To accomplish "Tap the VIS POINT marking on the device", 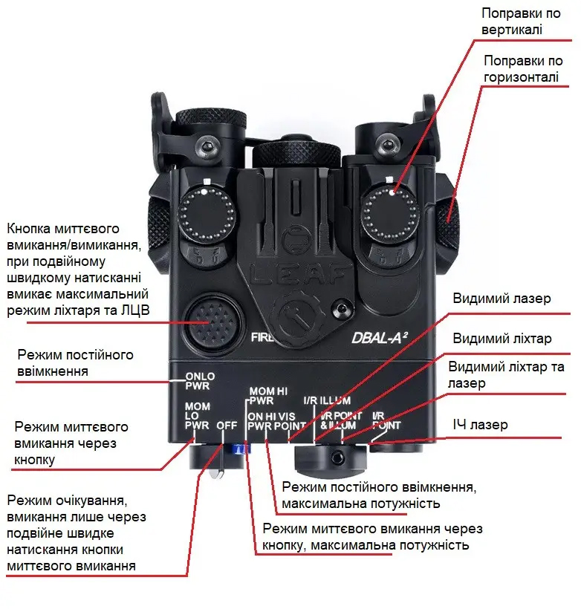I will (x=290, y=421).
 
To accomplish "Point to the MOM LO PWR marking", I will (x=197, y=416).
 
